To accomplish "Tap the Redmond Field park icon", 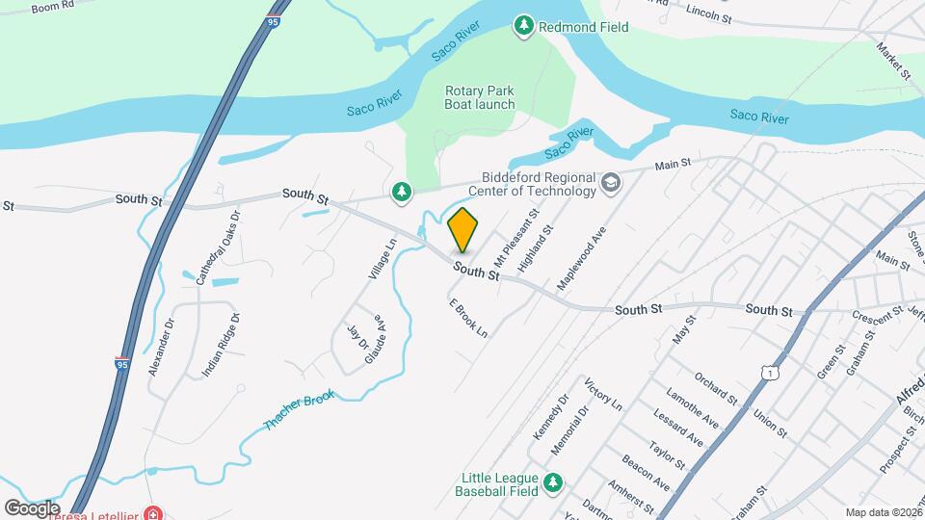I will tap(524, 27).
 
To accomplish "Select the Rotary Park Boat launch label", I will tap(480, 97).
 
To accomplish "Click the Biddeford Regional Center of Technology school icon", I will tap(610, 182).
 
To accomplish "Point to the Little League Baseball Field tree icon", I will tap(552, 482).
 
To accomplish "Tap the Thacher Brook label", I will tap(301, 412).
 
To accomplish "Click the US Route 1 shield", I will tap(768, 372).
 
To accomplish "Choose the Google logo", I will tap(31, 507).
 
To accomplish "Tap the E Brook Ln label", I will tap(468, 317).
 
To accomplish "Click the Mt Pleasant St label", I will tap(515, 238).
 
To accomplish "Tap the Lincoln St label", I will tap(709, 13).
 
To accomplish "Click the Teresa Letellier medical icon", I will tap(152, 513).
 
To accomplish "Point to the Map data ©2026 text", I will tap(883, 512).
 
